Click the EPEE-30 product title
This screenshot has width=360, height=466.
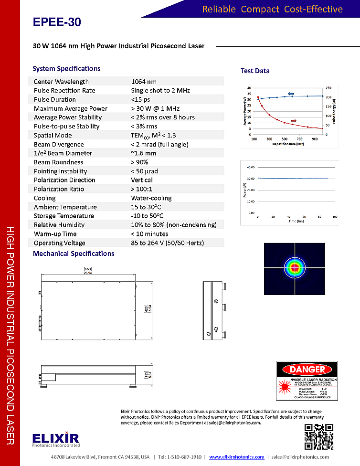click(57, 22)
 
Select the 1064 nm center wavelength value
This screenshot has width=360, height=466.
click(144, 82)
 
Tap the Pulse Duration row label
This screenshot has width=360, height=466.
click(54, 100)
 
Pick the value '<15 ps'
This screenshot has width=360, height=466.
click(140, 100)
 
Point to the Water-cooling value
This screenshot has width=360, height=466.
click(151, 198)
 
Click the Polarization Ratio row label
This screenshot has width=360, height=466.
click(59, 189)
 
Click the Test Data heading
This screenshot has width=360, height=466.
click(255, 71)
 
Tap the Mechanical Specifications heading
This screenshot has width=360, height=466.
click(74, 254)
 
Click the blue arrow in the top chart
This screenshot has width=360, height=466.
click(291, 94)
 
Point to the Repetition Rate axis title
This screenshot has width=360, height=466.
click(288, 143)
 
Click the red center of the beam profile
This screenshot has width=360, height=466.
click(295, 268)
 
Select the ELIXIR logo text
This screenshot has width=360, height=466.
click(56, 438)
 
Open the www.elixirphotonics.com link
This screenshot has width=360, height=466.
click(237, 457)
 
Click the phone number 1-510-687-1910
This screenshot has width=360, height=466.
click(180, 457)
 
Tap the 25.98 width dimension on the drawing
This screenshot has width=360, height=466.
click(87, 272)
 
